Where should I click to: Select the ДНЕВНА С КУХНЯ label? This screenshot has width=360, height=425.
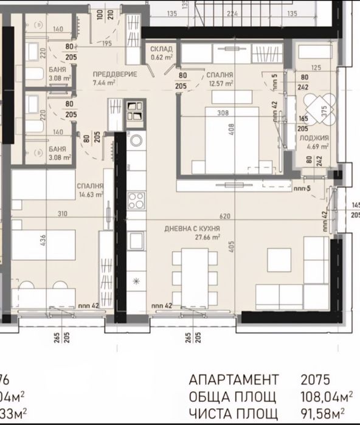coord(192,229)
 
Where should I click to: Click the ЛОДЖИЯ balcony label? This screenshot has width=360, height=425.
coord(314,138)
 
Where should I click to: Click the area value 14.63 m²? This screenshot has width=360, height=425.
coord(91,195)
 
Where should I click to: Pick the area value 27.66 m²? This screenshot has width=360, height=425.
coord(207,238)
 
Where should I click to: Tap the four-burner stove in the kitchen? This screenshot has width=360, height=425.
coord(136,199)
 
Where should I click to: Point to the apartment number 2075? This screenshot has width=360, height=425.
coord(315,380)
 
